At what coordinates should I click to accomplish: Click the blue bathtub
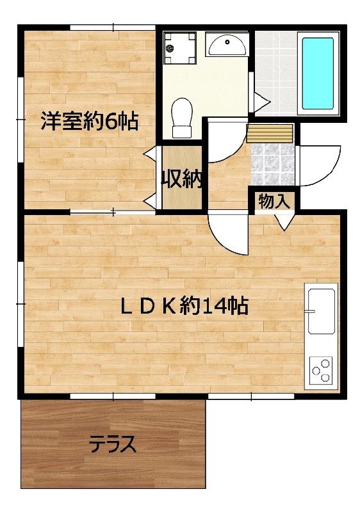(318, 73)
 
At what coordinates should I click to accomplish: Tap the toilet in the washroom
(182, 118)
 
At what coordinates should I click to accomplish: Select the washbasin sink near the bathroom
(227, 45)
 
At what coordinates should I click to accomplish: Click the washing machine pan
(179, 49)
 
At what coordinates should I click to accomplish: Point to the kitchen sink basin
(321, 311)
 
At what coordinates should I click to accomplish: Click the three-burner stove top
(321, 370)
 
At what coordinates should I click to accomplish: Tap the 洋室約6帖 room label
(89, 122)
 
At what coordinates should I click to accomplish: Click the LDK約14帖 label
(185, 306)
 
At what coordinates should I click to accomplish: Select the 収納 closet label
(182, 179)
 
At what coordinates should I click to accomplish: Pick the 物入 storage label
(274, 202)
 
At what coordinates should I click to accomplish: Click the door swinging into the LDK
(229, 234)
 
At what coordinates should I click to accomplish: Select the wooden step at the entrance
(270, 133)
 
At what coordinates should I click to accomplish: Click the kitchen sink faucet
(309, 311)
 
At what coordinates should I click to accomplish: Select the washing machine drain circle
(170, 49)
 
